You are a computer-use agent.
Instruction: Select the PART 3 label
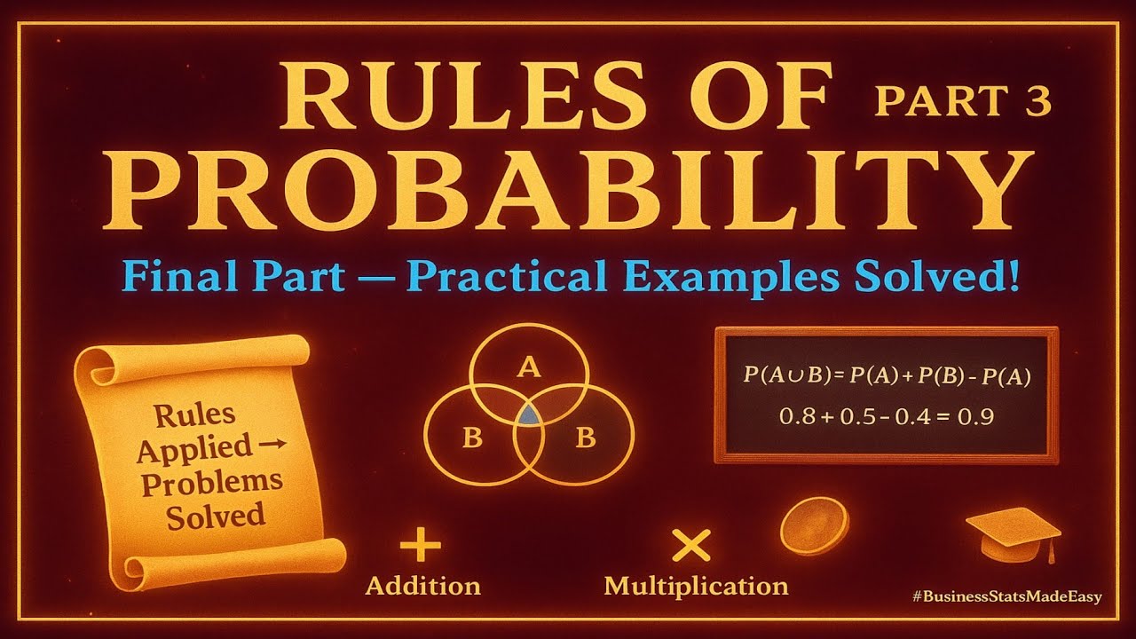click(x=962, y=100)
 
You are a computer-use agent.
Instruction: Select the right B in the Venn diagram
click(x=585, y=438)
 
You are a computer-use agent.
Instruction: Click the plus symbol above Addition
click(x=421, y=547)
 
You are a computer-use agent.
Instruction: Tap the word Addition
click(x=423, y=586)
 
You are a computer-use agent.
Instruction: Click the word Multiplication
click(x=696, y=586)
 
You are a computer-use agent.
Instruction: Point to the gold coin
click(x=814, y=526)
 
